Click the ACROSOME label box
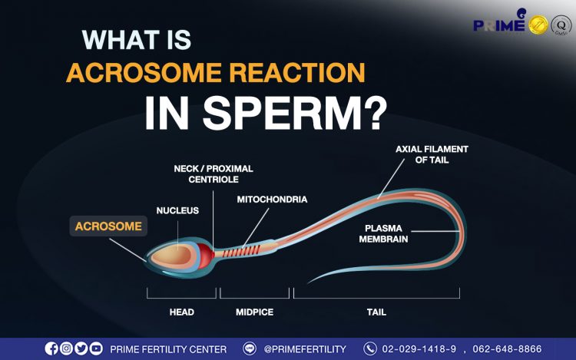tap(108, 226)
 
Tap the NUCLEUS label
tap(177, 210)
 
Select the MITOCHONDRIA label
tap(272, 200)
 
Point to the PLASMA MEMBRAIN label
tap(383, 234)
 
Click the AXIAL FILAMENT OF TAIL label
tap(432, 154)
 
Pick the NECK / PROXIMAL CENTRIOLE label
tap(214, 174)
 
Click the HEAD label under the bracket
tap(182, 312)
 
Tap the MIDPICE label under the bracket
tap(254, 312)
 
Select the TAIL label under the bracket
tap(376, 312)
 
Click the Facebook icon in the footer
tap(51, 348)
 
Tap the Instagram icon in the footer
tap(66, 348)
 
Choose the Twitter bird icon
tap(81, 348)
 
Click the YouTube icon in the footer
tap(96, 348)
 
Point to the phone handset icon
tap(370, 348)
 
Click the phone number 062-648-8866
tap(507, 348)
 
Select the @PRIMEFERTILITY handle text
tap(305, 349)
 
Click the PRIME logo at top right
tap(500, 23)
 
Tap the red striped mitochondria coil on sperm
tap(241, 252)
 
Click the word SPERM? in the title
tap(295, 113)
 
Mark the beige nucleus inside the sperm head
tap(173, 255)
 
